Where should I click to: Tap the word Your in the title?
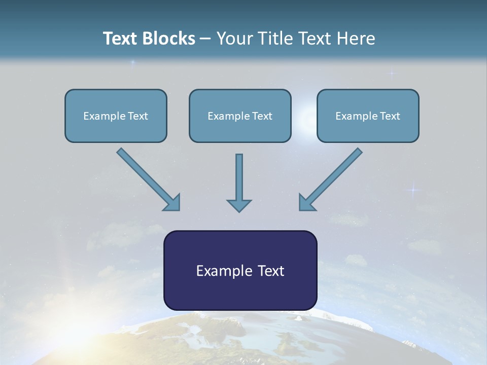(233, 39)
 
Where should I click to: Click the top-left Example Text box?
(116, 116)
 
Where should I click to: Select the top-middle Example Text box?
(240, 116)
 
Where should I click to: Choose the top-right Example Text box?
(368, 116)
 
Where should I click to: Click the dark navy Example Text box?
(240, 270)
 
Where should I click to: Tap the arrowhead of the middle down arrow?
(239, 205)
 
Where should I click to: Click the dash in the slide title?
(205, 39)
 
